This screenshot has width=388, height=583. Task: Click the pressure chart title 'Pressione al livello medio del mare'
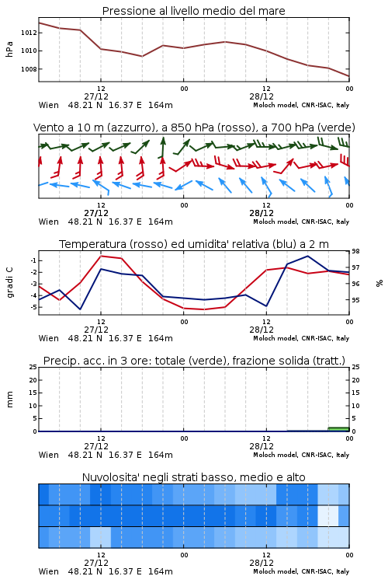tap(194, 11)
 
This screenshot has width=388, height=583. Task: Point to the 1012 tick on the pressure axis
tap(29, 33)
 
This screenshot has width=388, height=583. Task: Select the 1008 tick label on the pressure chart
tap(29, 69)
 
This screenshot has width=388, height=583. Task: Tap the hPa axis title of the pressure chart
tap(9, 50)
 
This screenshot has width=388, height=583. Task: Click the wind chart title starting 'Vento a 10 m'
tap(194, 127)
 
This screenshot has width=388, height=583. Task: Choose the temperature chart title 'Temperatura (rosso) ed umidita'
tap(194, 244)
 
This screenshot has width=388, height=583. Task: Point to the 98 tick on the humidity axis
tap(355, 252)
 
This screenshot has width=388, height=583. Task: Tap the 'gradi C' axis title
tap(9, 283)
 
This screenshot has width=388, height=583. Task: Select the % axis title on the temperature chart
tap(379, 283)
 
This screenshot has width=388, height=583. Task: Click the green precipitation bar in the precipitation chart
tap(338, 429)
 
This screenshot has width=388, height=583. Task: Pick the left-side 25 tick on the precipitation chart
tap(33, 368)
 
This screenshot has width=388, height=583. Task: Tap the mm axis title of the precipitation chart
tap(9, 400)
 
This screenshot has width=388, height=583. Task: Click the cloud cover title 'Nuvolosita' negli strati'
tap(194, 477)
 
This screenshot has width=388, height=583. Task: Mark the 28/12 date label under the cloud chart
tap(262, 563)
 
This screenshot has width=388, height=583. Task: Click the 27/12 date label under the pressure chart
tap(96, 96)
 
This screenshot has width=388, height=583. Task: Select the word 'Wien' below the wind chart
tap(49, 222)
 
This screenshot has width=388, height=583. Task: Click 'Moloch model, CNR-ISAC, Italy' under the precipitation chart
tap(301, 455)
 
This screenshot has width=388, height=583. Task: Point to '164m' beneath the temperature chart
tap(161, 338)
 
